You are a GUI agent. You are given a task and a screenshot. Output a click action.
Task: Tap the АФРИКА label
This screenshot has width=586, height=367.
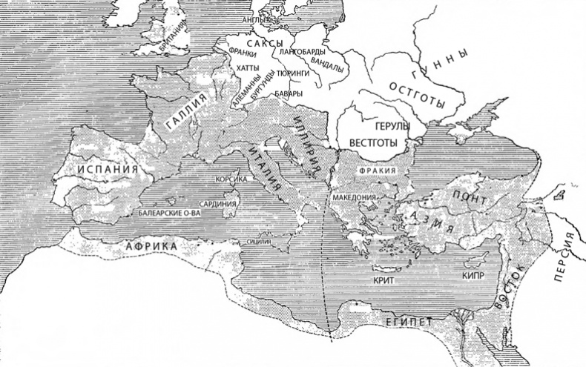coord(151,245)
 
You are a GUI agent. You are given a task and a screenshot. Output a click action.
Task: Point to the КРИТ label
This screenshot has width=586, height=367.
coord(383,282)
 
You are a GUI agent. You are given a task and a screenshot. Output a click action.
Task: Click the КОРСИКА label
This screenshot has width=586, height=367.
coord(230,179)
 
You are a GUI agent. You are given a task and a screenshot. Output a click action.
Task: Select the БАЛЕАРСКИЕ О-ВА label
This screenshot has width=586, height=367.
coord(170,213)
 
